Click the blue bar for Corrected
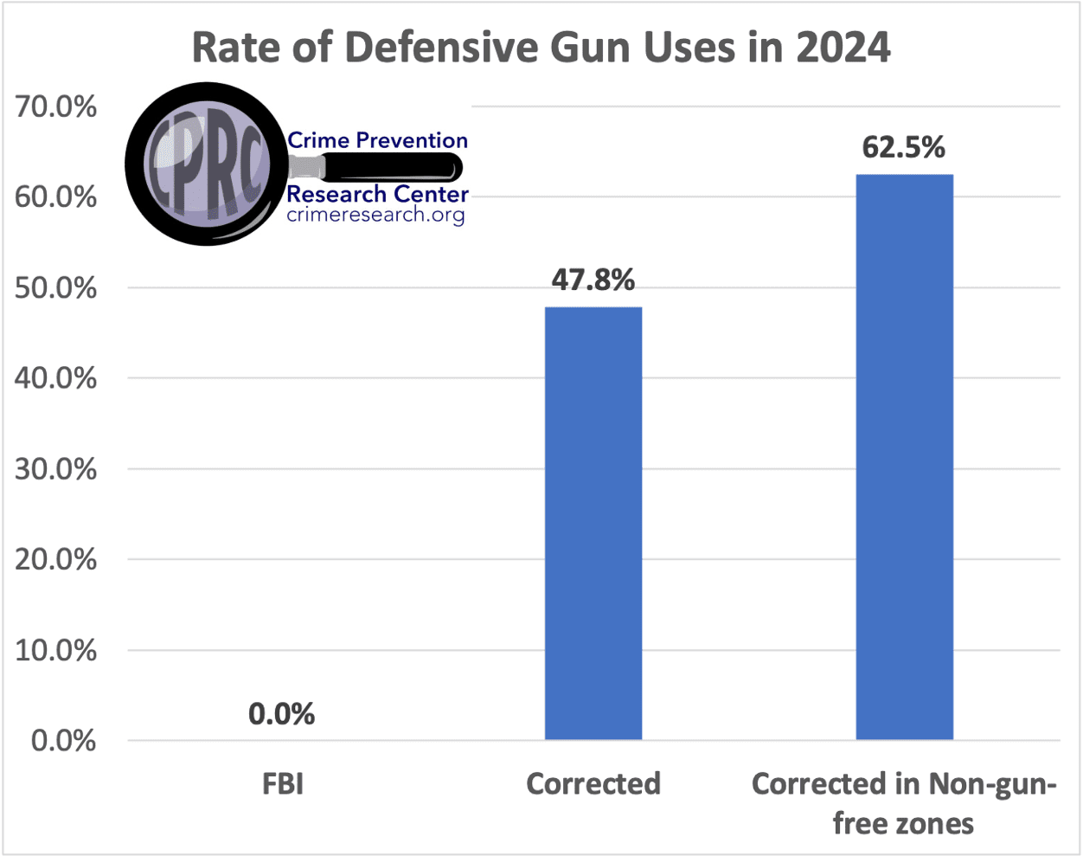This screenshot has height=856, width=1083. click(x=593, y=523)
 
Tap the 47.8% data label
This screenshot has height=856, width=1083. click(x=593, y=280)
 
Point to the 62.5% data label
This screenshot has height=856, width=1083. click(x=904, y=148)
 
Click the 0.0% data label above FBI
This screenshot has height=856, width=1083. click(x=282, y=714)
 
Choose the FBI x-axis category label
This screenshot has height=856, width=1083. click(x=283, y=784)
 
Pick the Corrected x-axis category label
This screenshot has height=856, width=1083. click(x=593, y=784)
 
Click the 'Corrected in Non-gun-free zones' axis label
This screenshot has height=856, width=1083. click(x=904, y=803)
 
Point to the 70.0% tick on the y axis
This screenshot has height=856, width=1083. click(x=56, y=107)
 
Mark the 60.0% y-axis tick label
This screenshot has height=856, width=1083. click(x=56, y=197)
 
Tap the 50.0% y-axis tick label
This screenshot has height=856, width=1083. click(x=56, y=288)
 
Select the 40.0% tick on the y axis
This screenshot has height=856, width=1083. click(x=56, y=378)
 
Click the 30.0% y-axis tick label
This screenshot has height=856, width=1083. click(x=56, y=469)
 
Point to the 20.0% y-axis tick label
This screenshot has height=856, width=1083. click(x=56, y=559)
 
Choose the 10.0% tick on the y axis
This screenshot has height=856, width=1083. click(x=56, y=650)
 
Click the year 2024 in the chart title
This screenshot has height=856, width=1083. click(x=843, y=48)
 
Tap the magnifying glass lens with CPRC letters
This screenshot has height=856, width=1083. click(x=206, y=164)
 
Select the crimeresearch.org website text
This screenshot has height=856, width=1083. click(x=375, y=216)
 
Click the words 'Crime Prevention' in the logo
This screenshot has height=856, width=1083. click(x=377, y=140)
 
